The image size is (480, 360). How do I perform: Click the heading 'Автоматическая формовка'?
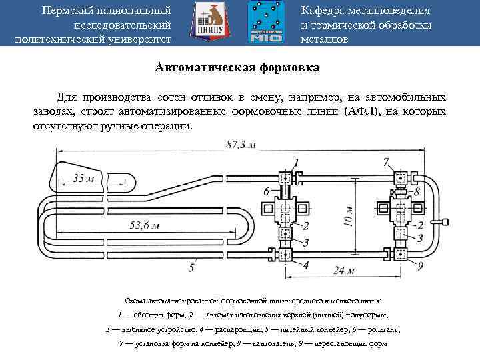(x=237, y=68)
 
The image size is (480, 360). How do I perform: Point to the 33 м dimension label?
(x=83, y=178)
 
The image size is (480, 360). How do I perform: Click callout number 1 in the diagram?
(x=296, y=162)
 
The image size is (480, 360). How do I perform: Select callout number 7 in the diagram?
(x=387, y=162)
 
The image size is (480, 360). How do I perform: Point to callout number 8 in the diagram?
(x=417, y=191)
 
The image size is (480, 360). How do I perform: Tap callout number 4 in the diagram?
(x=305, y=264)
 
